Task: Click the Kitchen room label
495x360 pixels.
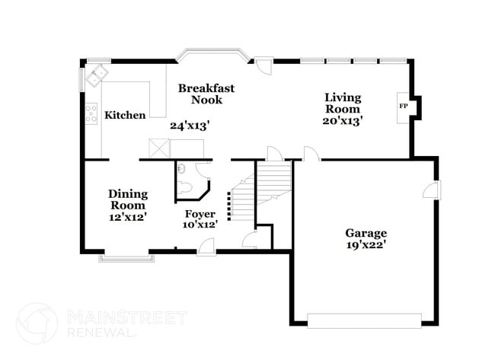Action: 125,116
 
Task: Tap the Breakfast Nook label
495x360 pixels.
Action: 206,94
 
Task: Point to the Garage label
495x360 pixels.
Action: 366,233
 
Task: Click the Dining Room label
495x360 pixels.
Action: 127,199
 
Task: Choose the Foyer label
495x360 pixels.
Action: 200,214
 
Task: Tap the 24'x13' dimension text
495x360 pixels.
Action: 190,126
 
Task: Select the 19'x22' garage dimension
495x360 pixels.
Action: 367,245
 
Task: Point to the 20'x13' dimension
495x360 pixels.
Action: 343,119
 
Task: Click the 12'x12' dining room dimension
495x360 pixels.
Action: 127,217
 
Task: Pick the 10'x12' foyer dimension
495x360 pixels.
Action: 200,225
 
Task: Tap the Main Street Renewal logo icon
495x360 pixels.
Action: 37,323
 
